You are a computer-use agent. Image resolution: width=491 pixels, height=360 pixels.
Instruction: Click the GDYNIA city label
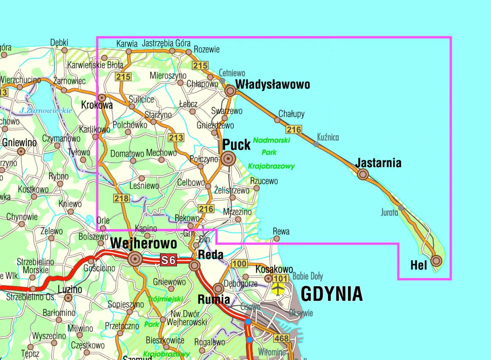click(x=331, y=294)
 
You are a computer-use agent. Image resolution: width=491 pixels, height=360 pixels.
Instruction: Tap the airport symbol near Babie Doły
click(x=278, y=288)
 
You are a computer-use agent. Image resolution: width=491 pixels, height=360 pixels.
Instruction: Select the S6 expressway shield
click(x=168, y=260)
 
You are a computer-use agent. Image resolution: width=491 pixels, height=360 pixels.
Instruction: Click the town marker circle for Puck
click(x=228, y=158)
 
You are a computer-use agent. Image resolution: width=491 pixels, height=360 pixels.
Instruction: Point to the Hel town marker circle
click(x=436, y=261)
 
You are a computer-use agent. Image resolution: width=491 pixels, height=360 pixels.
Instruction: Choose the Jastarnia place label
click(x=378, y=163)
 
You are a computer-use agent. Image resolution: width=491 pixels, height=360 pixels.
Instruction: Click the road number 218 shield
click(x=121, y=198)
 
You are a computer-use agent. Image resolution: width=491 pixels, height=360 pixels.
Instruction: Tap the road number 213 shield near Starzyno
click(x=176, y=138)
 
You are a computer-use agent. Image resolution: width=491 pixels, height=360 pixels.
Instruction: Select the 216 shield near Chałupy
click(x=294, y=130)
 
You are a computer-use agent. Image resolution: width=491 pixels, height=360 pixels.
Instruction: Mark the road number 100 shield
click(x=239, y=264)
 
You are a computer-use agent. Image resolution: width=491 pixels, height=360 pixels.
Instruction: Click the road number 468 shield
click(x=281, y=338)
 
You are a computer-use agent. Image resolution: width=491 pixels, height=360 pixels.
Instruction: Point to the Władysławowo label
click(x=272, y=85)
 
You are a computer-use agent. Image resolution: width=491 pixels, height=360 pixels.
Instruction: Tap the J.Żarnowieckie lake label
click(x=46, y=111)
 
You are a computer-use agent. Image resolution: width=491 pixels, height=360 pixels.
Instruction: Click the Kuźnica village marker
click(x=316, y=144)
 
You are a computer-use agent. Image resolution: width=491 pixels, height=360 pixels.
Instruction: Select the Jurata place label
click(x=389, y=212)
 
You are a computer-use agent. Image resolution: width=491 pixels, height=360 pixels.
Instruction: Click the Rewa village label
click(x=281, y=232)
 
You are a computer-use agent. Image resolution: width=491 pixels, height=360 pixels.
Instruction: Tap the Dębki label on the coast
click(x=59, y=43)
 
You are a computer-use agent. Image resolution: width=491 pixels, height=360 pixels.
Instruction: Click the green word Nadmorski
click(x=271, y=140)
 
